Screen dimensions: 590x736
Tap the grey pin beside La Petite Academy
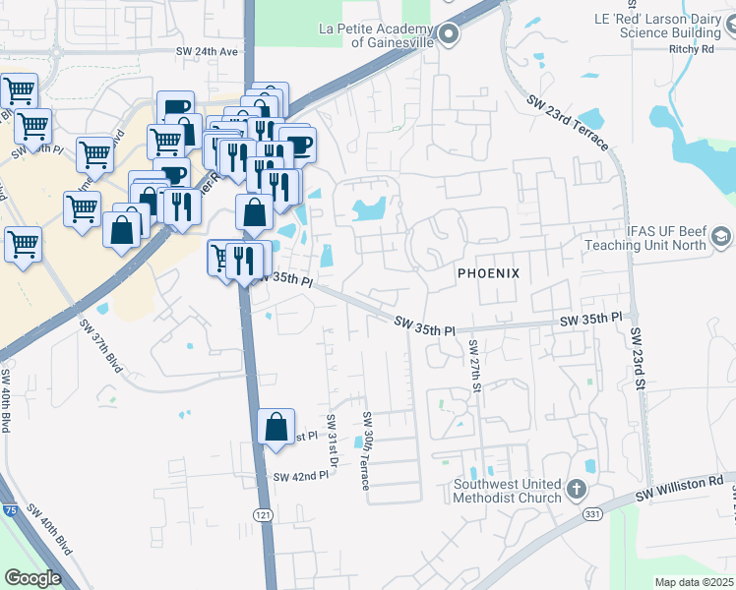pyautogui.click(x=449, y=36)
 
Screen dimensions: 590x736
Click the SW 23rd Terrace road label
pyautogui.click(x=568, y=122)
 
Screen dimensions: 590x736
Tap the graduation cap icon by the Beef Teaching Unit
pyautogui.click(x=721, y=237)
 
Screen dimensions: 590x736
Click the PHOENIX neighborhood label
pyautogui.click(x=486, y=271)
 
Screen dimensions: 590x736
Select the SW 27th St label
pyautogui.click(x=474, y=366)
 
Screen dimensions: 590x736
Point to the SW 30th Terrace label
pyautogui.click(x=365, y=451)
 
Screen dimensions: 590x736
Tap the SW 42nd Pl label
pyautogui.click(x=300, y=477)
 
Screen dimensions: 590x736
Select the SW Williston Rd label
pyautogui.click(x=679, y=487)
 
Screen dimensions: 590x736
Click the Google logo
pyautogui.click(x=32, y=578)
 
